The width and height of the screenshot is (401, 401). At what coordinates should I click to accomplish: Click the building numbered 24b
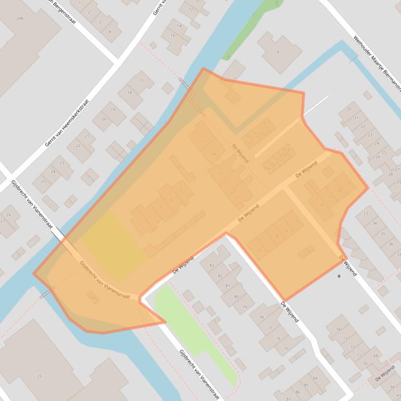point(20,18)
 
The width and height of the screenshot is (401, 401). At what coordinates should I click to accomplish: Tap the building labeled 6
point(278,52)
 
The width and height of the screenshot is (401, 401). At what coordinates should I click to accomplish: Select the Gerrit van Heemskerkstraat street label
point(67,123)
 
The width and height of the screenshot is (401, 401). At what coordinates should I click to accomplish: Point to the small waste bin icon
point(340,275)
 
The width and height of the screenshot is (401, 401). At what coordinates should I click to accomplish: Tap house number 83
point(212,266)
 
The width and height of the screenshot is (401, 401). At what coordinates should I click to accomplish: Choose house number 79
point(244,307)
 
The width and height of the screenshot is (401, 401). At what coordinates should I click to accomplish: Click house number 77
point(270,328)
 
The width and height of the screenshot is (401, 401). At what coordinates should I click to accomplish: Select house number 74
point(338,329)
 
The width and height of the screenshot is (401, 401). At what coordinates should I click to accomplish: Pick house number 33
point(365,213)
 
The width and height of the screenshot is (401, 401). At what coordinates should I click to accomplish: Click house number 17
point(141,81)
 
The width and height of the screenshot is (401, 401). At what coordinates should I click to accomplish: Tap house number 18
point(130,92)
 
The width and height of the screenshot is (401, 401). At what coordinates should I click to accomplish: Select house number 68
point(375,356)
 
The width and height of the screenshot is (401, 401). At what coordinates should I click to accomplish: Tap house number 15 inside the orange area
point(203,141)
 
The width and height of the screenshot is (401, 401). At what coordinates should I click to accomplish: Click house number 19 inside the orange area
point(347,183)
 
